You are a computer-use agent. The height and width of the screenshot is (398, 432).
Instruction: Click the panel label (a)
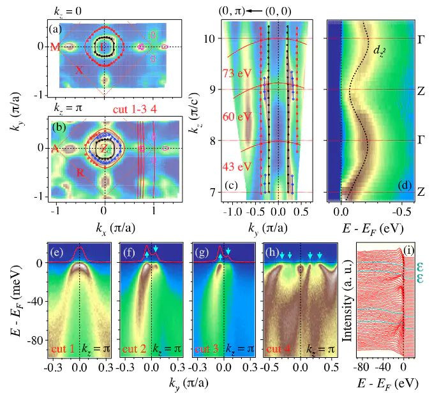tap(55, 29)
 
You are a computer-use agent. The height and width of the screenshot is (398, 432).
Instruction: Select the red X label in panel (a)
tap(78, 70)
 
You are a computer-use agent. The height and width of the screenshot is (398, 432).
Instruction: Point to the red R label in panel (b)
tap(78, 172)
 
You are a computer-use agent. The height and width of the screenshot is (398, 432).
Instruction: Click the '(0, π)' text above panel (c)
tap(228, 10)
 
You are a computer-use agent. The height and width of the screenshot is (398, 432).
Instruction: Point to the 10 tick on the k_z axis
tap(202, 38)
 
